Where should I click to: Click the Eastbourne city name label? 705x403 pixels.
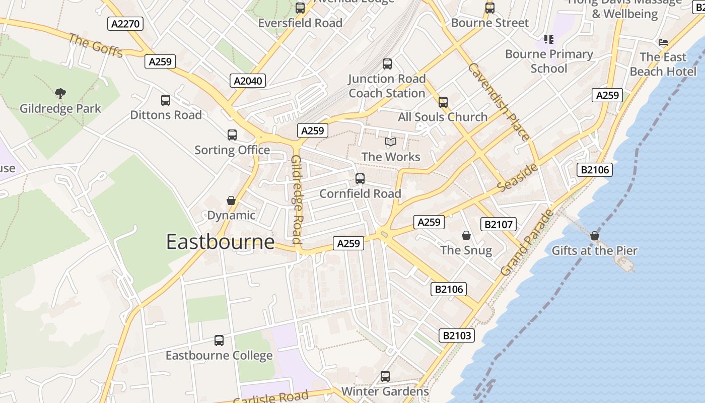point(221,242)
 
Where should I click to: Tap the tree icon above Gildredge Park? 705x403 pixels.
point(60,93)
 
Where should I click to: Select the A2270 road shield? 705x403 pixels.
point(125,24)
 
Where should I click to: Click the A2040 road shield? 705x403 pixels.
point(249,81)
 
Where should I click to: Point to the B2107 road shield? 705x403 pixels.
point(499,225)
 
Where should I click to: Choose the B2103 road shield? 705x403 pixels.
point(457,335)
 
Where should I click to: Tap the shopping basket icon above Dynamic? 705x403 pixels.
point(231,200)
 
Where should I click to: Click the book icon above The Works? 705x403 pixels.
point(391,142)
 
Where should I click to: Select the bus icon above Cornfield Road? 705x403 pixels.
point(360,179)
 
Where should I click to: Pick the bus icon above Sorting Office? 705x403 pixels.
point(232,135)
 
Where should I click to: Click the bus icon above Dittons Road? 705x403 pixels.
point(166,100)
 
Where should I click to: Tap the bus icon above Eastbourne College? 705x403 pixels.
point(219,341)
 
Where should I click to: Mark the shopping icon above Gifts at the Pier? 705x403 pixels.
point(595,236)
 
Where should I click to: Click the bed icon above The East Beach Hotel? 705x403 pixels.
point(663,42)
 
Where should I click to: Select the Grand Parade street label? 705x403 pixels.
point(527,242)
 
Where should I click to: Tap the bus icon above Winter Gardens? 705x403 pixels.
point(385,376)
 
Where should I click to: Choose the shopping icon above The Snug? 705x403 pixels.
point(466,235)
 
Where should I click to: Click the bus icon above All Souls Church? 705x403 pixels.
point(443,102)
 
